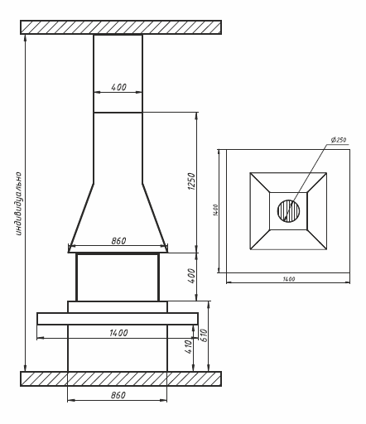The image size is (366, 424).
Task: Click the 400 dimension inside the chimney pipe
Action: [118, 87]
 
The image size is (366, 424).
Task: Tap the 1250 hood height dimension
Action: [191, 181]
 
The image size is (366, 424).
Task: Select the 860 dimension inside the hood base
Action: [118, 241]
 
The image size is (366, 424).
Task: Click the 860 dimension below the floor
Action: [118, 395]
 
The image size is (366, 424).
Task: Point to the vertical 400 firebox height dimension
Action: [191, 276]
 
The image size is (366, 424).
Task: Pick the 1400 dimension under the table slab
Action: [118, 333]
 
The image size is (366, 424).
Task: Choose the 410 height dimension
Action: [188, 347]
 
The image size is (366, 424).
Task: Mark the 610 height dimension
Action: [204, 335]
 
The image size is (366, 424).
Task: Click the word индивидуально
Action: [18, 204]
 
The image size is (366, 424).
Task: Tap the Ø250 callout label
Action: [339, 140]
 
